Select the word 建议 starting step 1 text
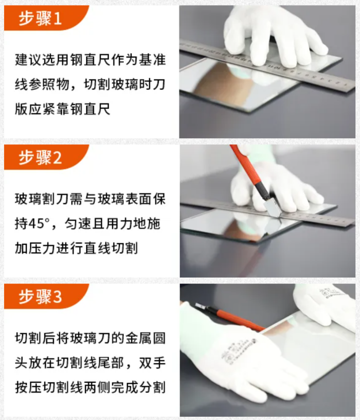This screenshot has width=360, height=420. [x=27, y=60]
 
